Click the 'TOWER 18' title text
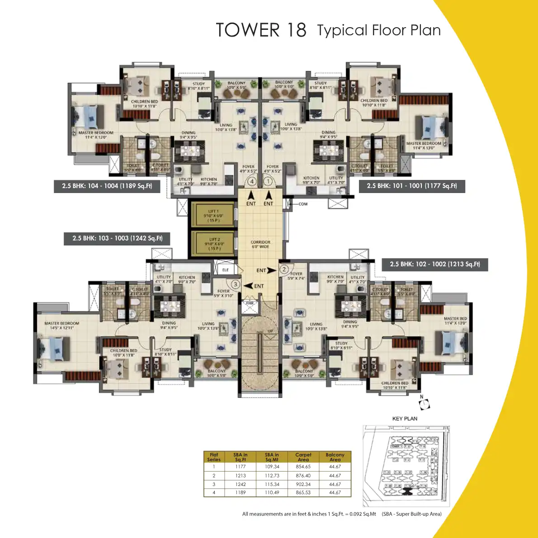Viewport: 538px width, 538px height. pos(261,30)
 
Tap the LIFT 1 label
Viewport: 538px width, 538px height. pos(213,216)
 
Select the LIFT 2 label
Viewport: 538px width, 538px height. pos(214,244)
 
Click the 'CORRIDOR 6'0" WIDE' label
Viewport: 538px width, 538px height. pos(260,244)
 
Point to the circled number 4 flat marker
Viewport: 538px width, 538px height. pos(252,181)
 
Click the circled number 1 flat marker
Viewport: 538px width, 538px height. pos(268,181)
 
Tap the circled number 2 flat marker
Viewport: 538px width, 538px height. pos(284,269)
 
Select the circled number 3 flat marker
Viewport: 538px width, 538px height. pos(236,284)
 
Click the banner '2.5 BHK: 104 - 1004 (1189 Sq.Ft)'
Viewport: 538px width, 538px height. pos(107,186)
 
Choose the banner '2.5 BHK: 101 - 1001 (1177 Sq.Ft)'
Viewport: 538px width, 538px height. pos(412,186)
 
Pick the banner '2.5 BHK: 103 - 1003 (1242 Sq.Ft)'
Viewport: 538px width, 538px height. pos(118,238)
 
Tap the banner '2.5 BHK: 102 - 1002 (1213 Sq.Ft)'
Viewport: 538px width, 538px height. pos(435,264)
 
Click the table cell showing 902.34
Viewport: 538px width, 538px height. pos(303,484)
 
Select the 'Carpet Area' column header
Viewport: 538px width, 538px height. pos(303,457)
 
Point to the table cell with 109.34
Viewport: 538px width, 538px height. pos(272,467)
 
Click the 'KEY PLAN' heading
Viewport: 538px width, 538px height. pos(405,419)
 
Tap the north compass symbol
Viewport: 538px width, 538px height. pos(425,404)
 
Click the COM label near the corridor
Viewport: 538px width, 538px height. pos(302,204)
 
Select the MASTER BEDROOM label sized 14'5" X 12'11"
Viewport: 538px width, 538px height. pos(61,326)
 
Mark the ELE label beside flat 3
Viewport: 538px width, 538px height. pos(225,270)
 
